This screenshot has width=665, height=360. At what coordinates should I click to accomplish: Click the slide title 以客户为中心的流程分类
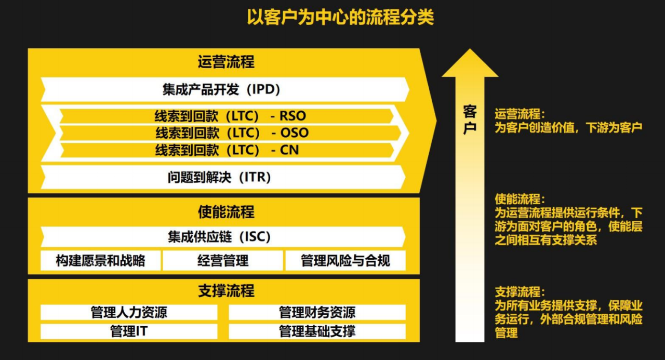pyautogui.click(x=340, y=18)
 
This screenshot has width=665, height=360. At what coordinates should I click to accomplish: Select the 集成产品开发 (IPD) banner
pyautogui.click(x=225, y=89)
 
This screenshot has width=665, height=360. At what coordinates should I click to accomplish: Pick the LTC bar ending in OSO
pyautogui.click(x=231, y=132)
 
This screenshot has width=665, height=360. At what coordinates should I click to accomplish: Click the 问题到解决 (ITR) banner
pyautogui.click(x=223, y=177)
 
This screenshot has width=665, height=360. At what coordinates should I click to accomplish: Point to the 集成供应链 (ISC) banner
pyautogui.click(x=223, y=237)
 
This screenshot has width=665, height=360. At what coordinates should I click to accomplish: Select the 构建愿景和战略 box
pyautogui.click(x=101, y=261)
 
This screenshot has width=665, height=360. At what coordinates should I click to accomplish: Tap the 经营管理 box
pyautogui.click(x=223, y=261)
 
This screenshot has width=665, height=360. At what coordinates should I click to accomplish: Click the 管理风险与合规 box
pyautogui.click(x=345, y=261)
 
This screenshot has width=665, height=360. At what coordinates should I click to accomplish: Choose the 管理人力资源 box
pyautogui.click(x=129, y=312)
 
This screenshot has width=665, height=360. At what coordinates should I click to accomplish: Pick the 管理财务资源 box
pyautogui.click(x=317, y=312)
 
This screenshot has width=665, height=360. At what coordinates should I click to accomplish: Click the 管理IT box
pyautogui.click(x=129, y=331)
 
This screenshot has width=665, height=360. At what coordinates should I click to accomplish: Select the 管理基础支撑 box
pyautogui.click(x=317, y=331)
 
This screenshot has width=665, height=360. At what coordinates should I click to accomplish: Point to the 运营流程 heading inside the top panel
pyautogui.click(x=226, y=62)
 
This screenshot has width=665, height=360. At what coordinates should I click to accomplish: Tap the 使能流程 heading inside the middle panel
pyautogui.click(x=226, y=212)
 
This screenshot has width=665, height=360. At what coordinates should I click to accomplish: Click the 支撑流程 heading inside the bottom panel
pyautogui.click(x=226, y=290)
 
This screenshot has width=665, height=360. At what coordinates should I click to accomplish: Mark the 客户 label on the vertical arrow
pyautogui.click(x=470, y=119)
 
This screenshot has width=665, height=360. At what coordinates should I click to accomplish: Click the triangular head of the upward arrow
pyautogui.click(x=470, y=63)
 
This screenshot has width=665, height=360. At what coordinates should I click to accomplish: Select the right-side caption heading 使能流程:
pyautogui.click(x=520, y=199)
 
